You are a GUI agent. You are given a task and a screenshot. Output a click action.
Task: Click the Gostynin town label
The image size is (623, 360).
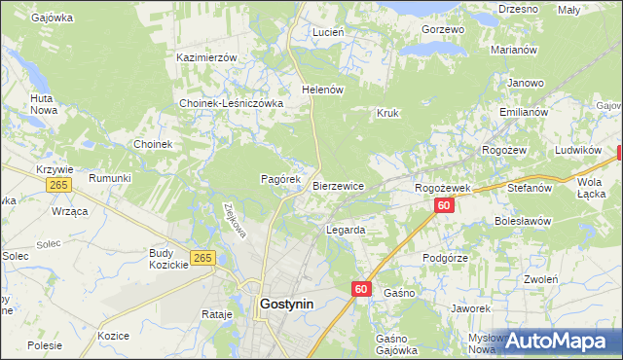pyautogui.click(x=287, y=304)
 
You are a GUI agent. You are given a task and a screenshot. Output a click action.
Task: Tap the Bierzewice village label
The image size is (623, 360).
pyautogui.click(x=338, y=186)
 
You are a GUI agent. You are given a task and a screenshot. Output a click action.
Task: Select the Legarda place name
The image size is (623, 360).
pyautogui.click(x=345, y=231)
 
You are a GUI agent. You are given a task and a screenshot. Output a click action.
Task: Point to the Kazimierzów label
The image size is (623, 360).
pyautogui.click(x=206, y=57)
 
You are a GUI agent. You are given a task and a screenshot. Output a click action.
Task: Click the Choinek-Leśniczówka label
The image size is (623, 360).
pyautogui.click(x=231, y=103)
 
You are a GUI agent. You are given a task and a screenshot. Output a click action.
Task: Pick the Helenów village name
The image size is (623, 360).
pyautogui.click(x=324, y=90)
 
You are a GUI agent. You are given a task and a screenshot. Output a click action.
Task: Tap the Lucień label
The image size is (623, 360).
pyautogui.click(x=328, y=32)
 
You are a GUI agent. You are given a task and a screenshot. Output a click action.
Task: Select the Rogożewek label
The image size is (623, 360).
pyautogui.click(x=443, y=187)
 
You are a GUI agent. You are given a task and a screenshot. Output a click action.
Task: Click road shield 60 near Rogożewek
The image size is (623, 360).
pyautogui.click(x=444, y=205)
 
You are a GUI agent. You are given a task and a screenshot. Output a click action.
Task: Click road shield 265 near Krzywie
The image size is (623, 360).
pyautogui.click(x=59, y=185)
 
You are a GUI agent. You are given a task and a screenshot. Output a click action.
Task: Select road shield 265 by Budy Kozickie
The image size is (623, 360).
pyautogui.click(x=202, y=257)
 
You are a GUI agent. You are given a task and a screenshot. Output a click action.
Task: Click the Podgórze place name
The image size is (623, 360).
pyautogui.click(x=446, y=258)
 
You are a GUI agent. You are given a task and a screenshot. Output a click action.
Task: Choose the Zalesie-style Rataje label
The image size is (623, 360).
pyautogui.click(x=216, y=314)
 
